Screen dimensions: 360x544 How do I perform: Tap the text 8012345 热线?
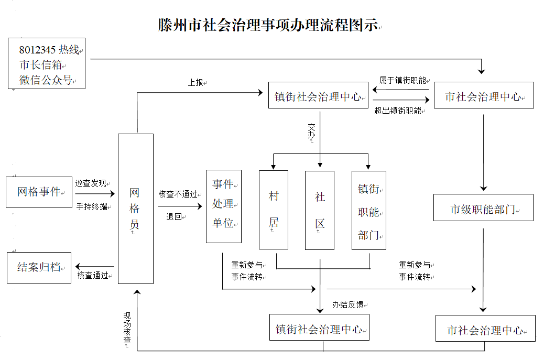pos(49,50)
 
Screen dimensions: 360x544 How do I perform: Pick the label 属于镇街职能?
pos(402,80)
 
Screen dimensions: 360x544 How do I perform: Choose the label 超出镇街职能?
pos(398,111)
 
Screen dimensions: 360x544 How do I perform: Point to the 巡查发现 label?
pos(91,183)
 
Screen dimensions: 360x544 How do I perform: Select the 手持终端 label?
pos(92,206)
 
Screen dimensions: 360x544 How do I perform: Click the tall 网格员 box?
pos(135,209)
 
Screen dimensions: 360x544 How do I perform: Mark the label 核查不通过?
pos(178,194)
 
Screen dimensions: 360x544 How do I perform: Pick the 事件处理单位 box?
pos(223,206)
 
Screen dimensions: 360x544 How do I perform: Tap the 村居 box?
pos(274,210)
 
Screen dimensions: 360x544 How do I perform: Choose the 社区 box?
pos(320,210)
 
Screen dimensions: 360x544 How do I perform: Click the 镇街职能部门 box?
pos(368,210)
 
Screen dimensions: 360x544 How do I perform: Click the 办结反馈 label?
pos(347,304)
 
